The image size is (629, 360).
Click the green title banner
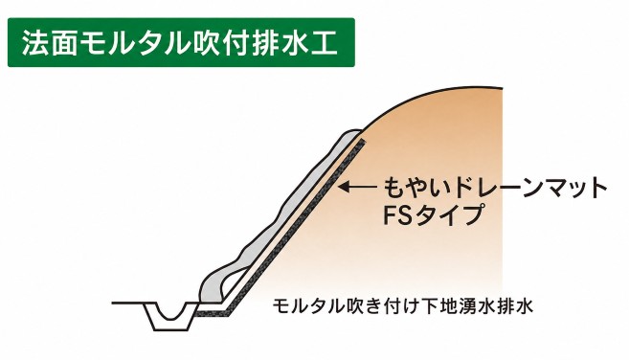click(x=181, y=42)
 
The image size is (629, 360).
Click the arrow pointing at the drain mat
click(x=357, y=186)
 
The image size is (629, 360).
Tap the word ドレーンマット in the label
click(x=529, y=188)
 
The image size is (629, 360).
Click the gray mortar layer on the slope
click(x=281, y=216)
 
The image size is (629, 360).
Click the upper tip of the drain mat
click(x=363, y=141)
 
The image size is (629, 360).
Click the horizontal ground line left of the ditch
click(x=127, y=303)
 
